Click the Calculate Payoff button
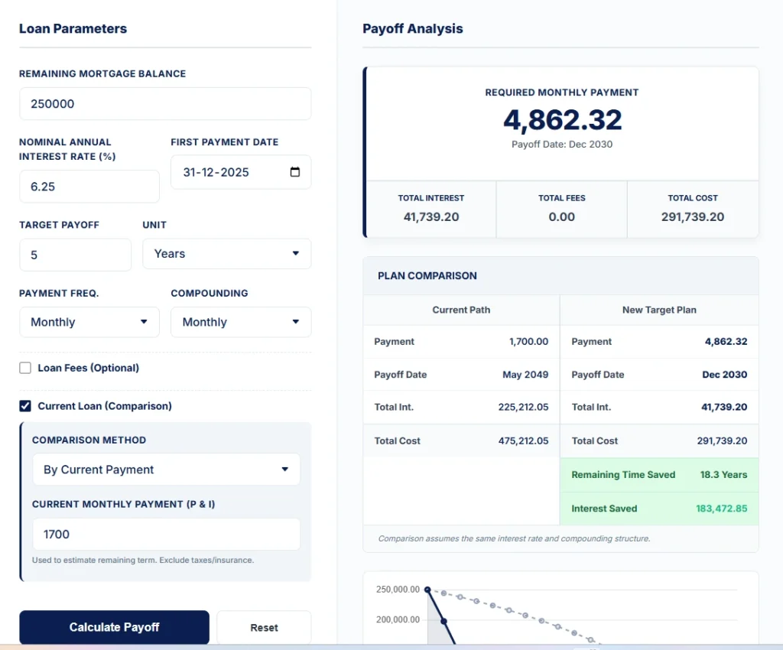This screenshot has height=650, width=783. click(x=114, y=627)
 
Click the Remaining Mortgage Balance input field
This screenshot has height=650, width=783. click(x=164, y=104)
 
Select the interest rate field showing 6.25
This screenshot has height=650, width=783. click(x=89, y=187)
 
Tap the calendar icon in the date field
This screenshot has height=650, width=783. click(x=295, y=172)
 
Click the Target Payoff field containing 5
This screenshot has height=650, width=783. click(x=75, y=255)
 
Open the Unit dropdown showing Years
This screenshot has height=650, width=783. click(x=226, y=254)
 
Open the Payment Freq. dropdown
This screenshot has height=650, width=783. click(x=89, y=322)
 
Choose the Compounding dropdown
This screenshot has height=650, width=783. click(x=240, y=322)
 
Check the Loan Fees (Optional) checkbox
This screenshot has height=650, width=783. click(x=25, y=368)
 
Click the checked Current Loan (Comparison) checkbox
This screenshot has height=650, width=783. click(x=25, y=406)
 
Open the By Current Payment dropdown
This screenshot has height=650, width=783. click(x=166, y=470)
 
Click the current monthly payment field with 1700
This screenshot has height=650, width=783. click(x=166, y=535)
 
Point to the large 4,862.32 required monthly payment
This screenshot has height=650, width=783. click(x=562, y=120)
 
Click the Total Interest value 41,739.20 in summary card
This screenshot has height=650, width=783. click(x=431, y=217)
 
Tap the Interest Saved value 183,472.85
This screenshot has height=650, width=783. click(x=721, y=509)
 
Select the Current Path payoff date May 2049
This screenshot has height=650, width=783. click(x=525, y=375)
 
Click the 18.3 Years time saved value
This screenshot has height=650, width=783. click(x=723, y=475)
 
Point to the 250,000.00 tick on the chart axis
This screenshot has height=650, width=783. click(x=398, y=590)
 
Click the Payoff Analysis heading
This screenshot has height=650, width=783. click(x=413, y=29)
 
